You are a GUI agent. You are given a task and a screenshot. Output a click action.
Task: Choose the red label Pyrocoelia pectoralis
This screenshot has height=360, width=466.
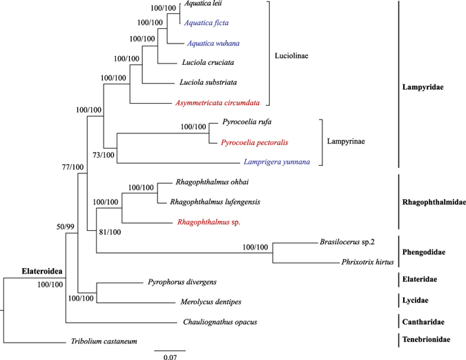point(254,142)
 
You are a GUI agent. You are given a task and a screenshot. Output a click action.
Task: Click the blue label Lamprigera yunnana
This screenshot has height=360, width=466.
point(275,162)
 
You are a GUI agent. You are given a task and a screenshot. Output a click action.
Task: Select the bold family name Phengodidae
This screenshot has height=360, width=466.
point(424,252)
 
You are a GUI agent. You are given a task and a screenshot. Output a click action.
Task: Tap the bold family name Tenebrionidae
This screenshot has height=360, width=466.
point(428,340)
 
